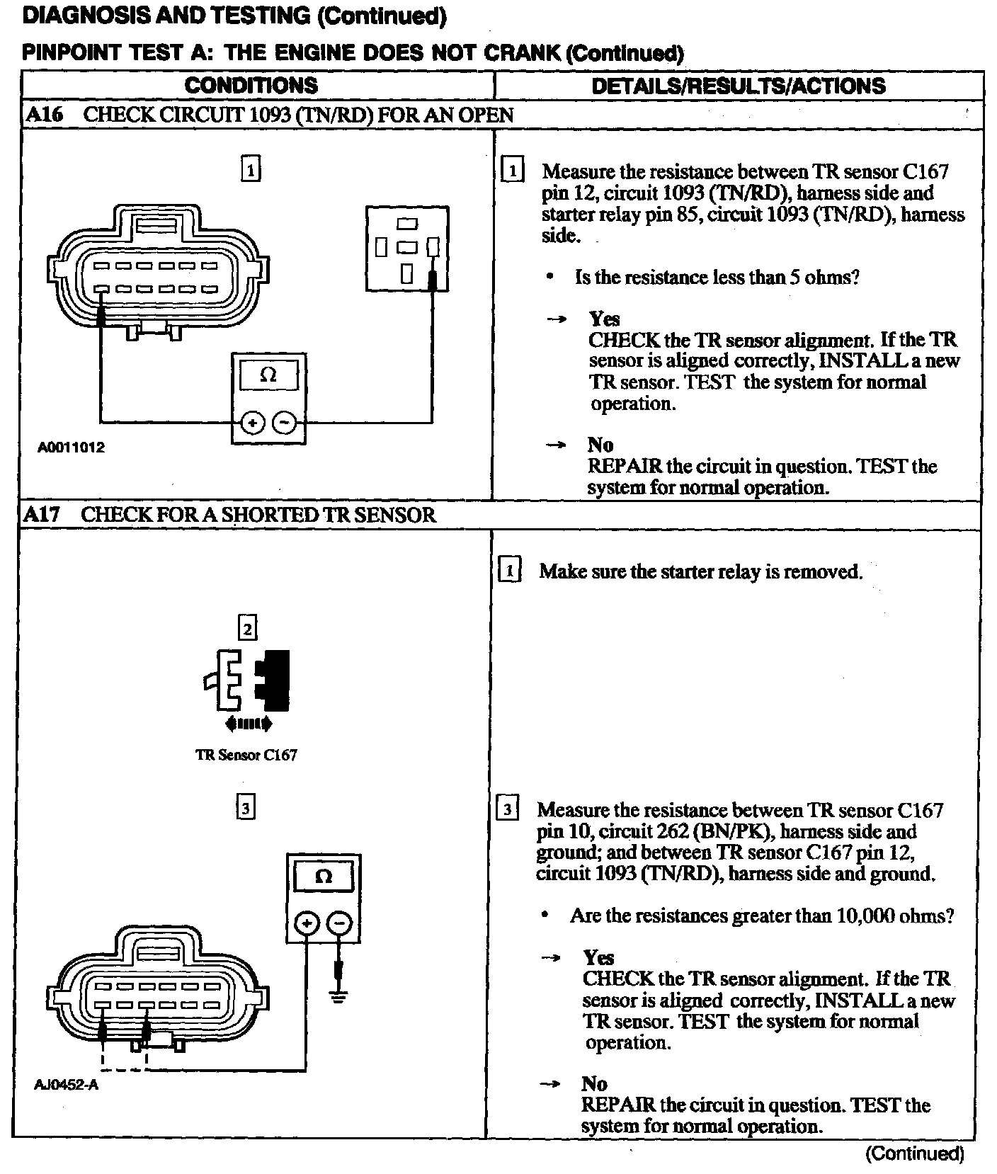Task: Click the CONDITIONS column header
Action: pyautogui.click(x=251, y=86)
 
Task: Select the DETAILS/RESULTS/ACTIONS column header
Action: pyautogui.click(x=738, y=86)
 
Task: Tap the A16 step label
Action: pyautogui.click(x=44, y=115)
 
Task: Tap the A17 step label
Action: pyautogui.click(x=41, y=515)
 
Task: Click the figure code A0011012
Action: pyautogui.click(x=72, y=448)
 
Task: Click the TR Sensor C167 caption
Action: pyautogui.click(x=246, y=755)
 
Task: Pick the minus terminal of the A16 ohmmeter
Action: pyautogui.click(x=285, y=423)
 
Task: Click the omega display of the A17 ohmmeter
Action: pyautogui.click(x=323, y=877)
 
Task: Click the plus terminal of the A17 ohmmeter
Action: pyautogui.click(x=306, y=923)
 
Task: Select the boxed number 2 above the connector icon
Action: pyautogui.click(x=246, y=629)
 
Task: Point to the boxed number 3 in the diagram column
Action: pyautogui.click(x=245, y=808)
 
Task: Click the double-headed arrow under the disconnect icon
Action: pyautogui.click(x=247, y=724)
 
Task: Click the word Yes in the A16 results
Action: pyautogui.click(x=604, y=319)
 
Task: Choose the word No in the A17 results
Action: pyautogui.click(x=594, y=1084)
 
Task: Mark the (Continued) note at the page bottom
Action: pyautogui.click(x=914, y=1153)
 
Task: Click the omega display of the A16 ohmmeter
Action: pyautogui.click(x=268, y=375)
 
